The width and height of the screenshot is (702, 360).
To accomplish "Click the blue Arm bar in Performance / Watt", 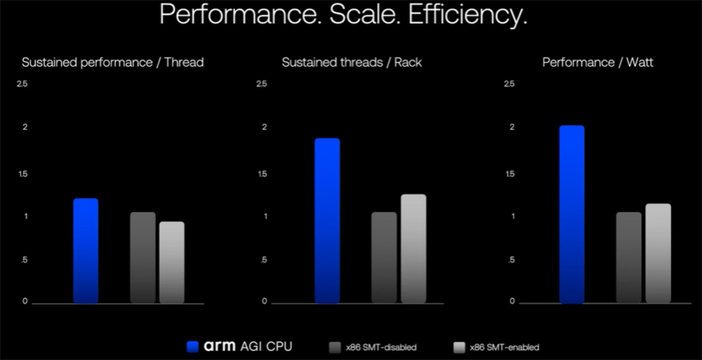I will (x=572, y=215).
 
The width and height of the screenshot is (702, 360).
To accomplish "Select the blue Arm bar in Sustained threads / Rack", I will (x=327, y=221).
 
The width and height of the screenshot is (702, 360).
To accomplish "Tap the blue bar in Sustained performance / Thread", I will (x=86, y=251).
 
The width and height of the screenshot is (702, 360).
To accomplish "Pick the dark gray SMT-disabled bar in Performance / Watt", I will (x=629, y=258).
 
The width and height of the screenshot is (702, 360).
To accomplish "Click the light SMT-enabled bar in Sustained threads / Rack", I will (x=413, y=248).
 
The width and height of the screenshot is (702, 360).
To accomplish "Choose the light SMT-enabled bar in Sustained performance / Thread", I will (x=172, y=262).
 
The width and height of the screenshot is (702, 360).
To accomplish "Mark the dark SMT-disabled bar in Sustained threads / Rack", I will (x=384, y=258).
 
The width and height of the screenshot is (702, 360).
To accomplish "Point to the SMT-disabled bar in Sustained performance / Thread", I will (x=143, y=258).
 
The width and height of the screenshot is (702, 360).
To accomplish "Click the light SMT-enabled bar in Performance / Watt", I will (x=658, y=253).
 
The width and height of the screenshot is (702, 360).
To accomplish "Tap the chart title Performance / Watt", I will (x=598, y=62).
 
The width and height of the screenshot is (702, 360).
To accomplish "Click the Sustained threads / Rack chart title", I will (x=352, y=62).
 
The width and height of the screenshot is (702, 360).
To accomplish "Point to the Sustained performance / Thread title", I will (x=113, y=62).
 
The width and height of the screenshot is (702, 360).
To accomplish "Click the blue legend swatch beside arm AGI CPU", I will (x=194, y=346).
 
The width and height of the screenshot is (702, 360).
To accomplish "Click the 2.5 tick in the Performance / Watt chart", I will (x=509, y=84).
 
